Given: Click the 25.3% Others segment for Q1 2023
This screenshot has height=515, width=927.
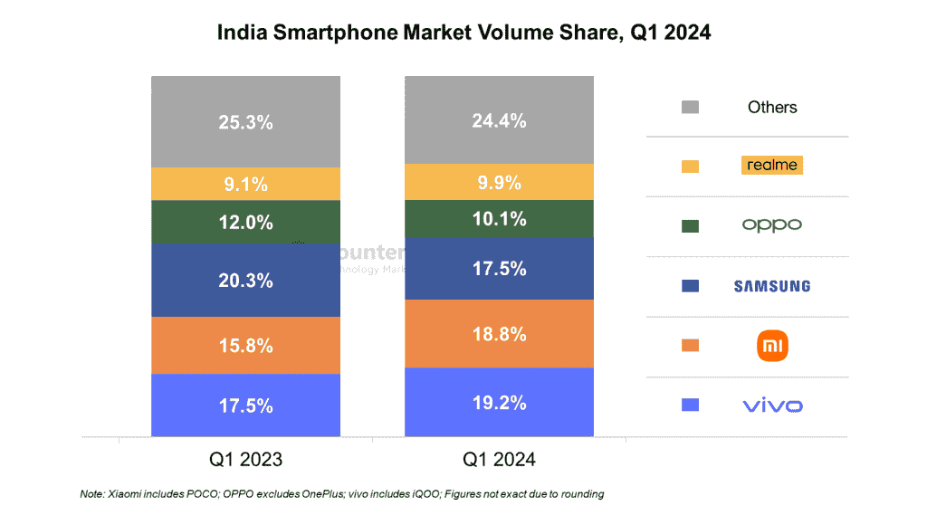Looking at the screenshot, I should [245, 122].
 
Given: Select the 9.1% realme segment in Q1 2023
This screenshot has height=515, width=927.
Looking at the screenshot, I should [245, 184].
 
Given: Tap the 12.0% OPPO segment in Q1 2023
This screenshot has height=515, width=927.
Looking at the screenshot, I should [245, 222].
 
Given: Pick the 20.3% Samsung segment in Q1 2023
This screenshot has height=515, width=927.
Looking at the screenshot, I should [245, 281].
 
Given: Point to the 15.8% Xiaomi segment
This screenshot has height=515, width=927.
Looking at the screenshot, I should [245, 345].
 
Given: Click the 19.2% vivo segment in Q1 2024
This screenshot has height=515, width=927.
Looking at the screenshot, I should [499, 403].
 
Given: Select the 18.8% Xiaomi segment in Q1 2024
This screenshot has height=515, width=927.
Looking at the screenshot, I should [499, 334].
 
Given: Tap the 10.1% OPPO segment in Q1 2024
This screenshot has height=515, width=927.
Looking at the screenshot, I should [499, 218].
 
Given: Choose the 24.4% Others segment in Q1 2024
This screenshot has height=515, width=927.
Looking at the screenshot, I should [499, 120].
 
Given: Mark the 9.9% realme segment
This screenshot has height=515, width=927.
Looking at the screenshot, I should [499, 182].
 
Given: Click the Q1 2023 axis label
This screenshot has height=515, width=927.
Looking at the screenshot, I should [245, 460].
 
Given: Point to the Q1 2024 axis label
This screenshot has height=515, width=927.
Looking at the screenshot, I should [499, 460].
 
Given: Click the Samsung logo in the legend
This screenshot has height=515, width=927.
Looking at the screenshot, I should [771, 286].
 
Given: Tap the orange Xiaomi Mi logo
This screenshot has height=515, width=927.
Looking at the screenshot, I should [772, 345].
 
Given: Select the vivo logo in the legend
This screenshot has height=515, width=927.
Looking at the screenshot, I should [772, 405].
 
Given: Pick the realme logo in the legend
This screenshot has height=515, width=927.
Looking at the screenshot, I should [771, 165].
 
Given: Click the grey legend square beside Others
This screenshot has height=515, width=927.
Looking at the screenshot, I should [690, 108].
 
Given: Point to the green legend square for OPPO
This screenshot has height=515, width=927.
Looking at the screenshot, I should [690, 226].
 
